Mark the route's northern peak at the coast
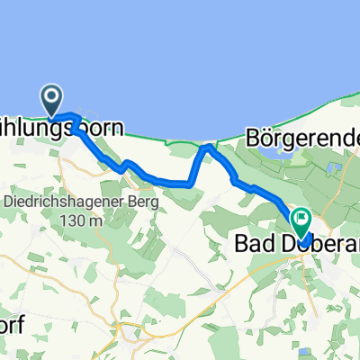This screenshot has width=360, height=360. click(209, 146)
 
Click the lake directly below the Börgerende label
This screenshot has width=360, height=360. click(274, 162)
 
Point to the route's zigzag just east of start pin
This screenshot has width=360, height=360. click(77, 121)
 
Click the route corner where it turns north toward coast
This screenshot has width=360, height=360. click(191, 183)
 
